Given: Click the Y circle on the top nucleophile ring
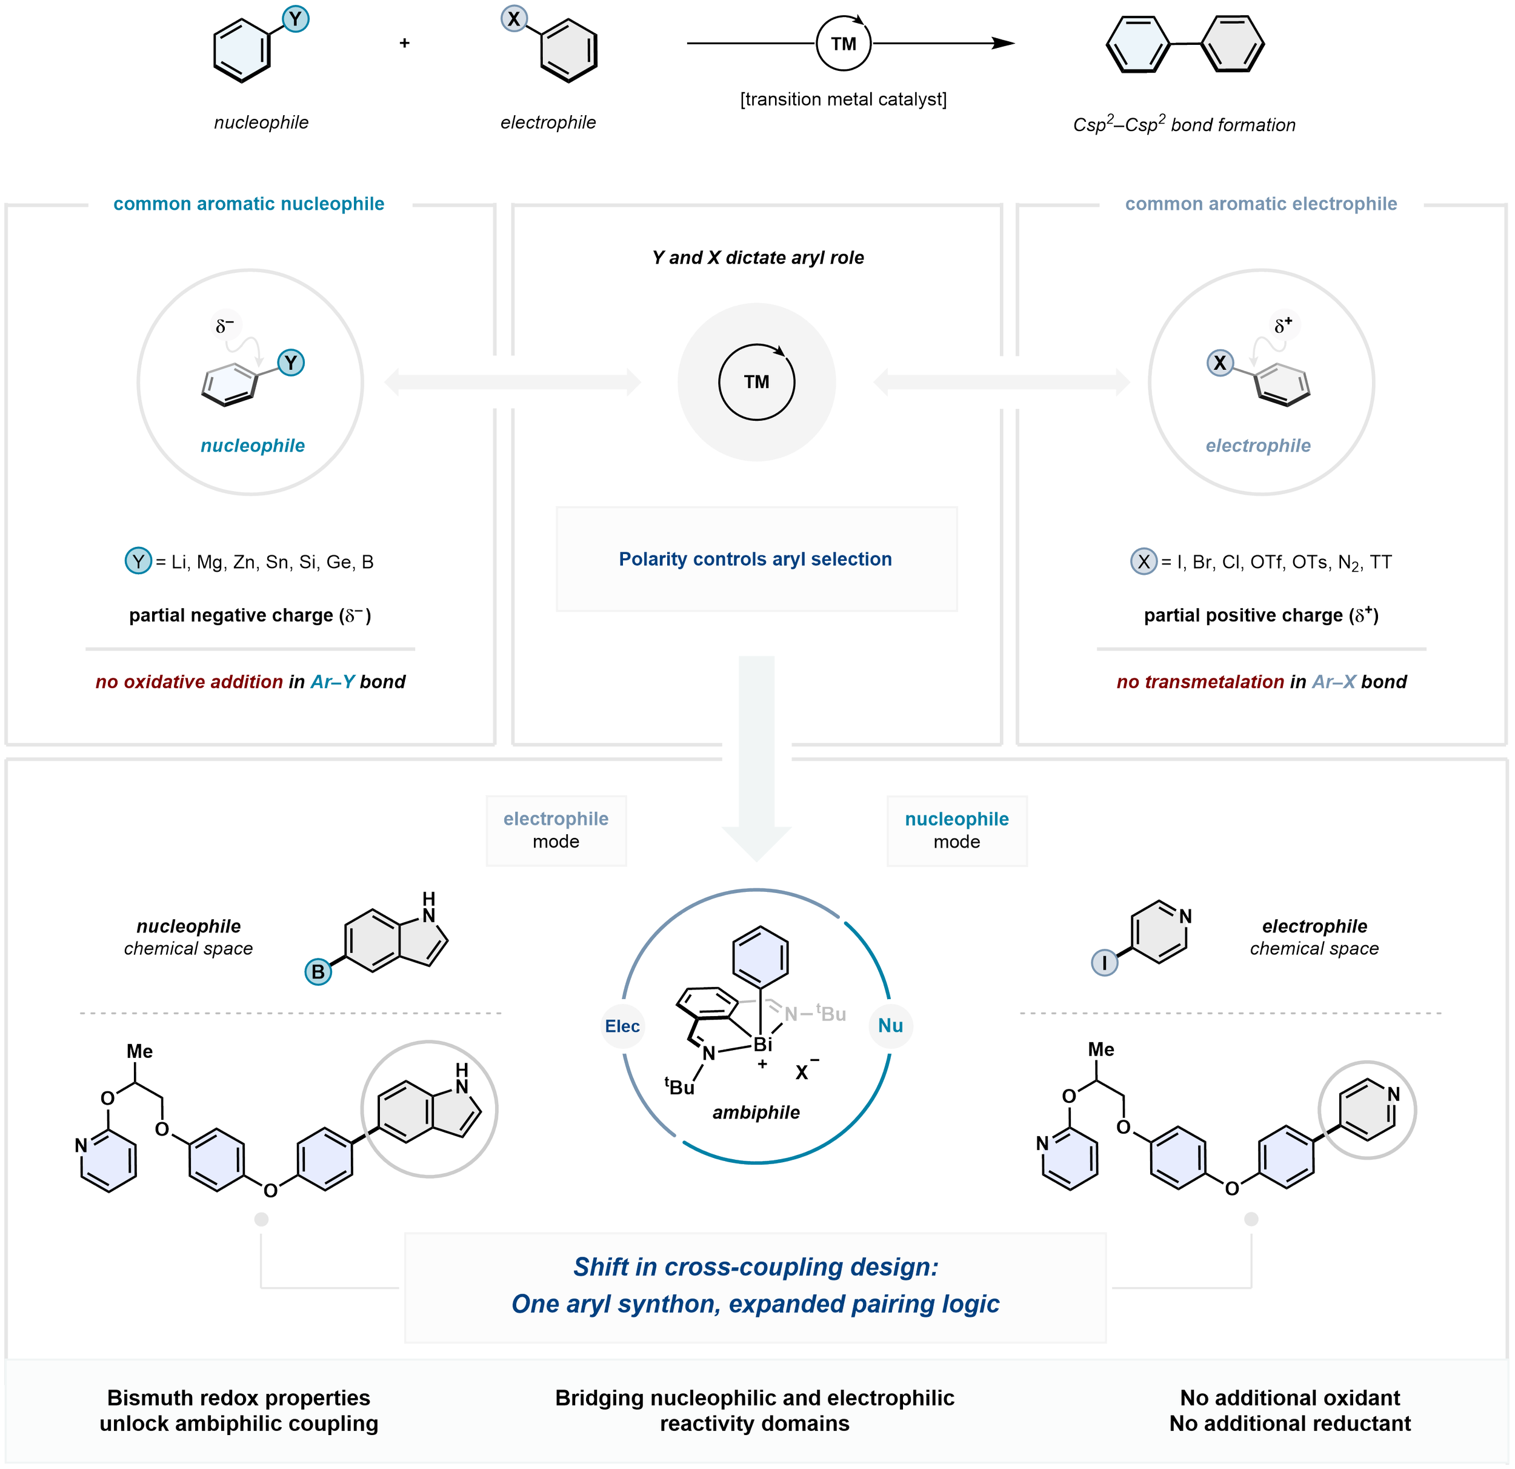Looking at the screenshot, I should coord(295,19).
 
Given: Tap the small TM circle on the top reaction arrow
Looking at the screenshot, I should coord(844,44).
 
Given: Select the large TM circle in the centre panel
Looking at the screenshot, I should coord(757,382).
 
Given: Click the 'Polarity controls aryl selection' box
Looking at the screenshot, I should coord(756,559).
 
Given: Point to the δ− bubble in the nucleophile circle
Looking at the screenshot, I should coord(225,326).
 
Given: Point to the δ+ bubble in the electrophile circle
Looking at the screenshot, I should coord(1284,326).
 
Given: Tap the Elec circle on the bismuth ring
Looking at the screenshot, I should coord(622,1026).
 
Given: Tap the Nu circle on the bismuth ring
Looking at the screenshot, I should coord(890,1025).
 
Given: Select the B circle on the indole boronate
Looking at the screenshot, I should coord(318,972).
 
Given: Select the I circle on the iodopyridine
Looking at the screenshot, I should coord(1105,963).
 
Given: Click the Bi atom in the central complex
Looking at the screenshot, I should coord(762,1045).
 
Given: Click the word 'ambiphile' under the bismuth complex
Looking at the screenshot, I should coord(756,1112).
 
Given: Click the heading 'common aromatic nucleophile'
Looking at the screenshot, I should coord(249,204).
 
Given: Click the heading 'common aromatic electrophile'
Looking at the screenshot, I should coord(1260,204).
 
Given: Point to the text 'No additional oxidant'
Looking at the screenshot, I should coord(1290,1398).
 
